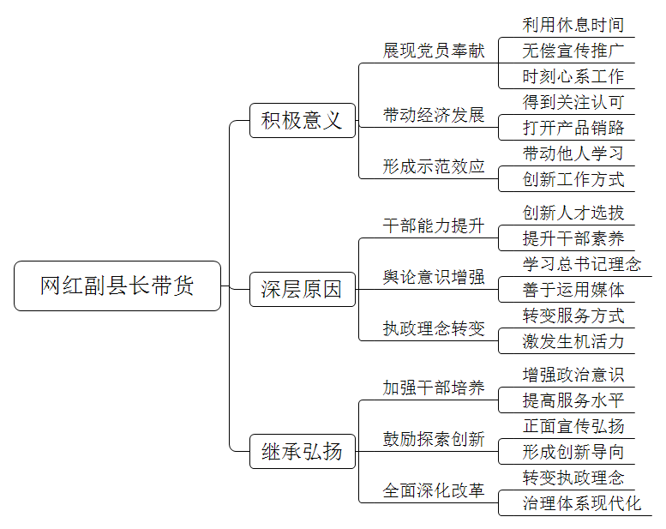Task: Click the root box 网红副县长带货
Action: pos(117,286)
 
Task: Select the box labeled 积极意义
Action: pos(303,120)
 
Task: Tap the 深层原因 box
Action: pos(303,289)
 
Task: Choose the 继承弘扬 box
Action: pos(303,451)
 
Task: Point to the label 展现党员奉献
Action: pos(434,51)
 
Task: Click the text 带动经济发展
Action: pos(434,115)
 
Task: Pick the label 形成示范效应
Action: pos(434,166)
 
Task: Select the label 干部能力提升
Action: pos(434,225)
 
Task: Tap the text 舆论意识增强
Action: pos(434,277)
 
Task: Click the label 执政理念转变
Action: pos(434,328)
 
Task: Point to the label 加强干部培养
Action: pos(434,388)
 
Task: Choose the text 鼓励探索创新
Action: pos(434,439)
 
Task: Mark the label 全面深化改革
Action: pos(434,490)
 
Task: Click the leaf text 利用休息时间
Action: pos(573,25)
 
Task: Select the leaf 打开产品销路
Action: pos(573,128)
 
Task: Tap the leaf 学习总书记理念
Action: pos(582,264)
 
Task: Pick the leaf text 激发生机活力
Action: pos(573,341)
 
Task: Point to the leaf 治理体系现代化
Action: pos(582,503)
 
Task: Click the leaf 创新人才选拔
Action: pos(573,213)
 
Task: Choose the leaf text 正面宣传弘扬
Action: pos(573,426)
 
